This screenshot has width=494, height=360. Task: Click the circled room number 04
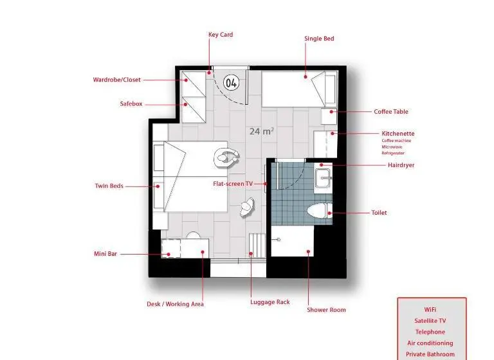click(x=232, y=83)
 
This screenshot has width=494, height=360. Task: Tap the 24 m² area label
click(x=262, y=131)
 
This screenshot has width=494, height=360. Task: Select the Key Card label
click(x=221, y=35)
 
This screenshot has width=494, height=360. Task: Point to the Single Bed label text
click(x=319, y=39)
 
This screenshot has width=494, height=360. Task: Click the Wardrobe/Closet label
click(x=116, y=80)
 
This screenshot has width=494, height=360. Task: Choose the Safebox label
click(x=131, y=104)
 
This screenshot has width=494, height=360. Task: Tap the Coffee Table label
click(x=391, y=111)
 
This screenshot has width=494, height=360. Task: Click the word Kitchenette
click(x=398, y=134)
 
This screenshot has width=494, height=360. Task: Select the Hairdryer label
click(x=401, y=165)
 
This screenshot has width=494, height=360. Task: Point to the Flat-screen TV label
click(x=233, y=184)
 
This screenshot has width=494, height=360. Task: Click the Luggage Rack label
click(x=270, y=302)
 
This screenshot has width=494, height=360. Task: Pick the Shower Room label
click(x=326, y=310)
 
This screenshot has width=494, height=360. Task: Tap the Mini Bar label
click(x=105, y=254)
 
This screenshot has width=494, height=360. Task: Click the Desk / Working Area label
click(x=175, y=304)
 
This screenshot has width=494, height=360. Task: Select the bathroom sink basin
click(x=323, y=178)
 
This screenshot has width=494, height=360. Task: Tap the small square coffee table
click(x=329, y=116)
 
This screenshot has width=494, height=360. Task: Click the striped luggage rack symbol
click(x=257, y=246)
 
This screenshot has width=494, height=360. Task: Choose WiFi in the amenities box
click(x=430, y=310)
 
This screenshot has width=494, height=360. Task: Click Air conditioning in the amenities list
click(x=430, y=343)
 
